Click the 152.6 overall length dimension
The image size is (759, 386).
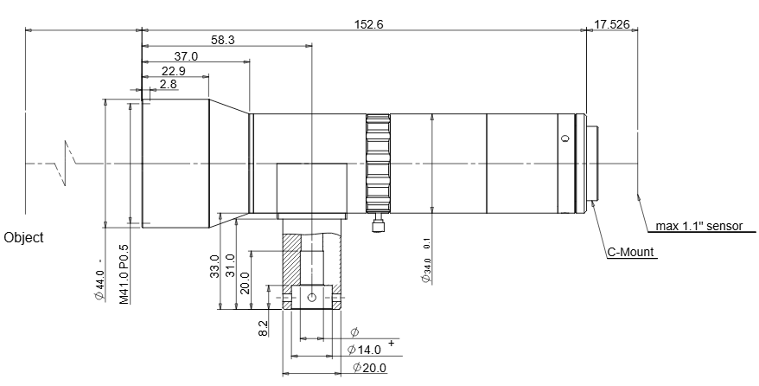click(x=369, y=24)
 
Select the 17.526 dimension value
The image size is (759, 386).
click(x=612, y=24)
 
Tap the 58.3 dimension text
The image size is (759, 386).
click(x=223, y=40)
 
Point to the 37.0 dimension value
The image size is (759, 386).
click(x=187, y=56)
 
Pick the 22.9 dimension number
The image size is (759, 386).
click(x=173, y=71)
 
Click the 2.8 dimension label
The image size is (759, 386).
click(x=169, y=84)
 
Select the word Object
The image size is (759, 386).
click(x=23, y=238)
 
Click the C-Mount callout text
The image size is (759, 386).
click(x=631, y=252)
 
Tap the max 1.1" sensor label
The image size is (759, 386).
click(x=699, y=226)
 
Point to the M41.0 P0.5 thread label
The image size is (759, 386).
click(x=124, y=274)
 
